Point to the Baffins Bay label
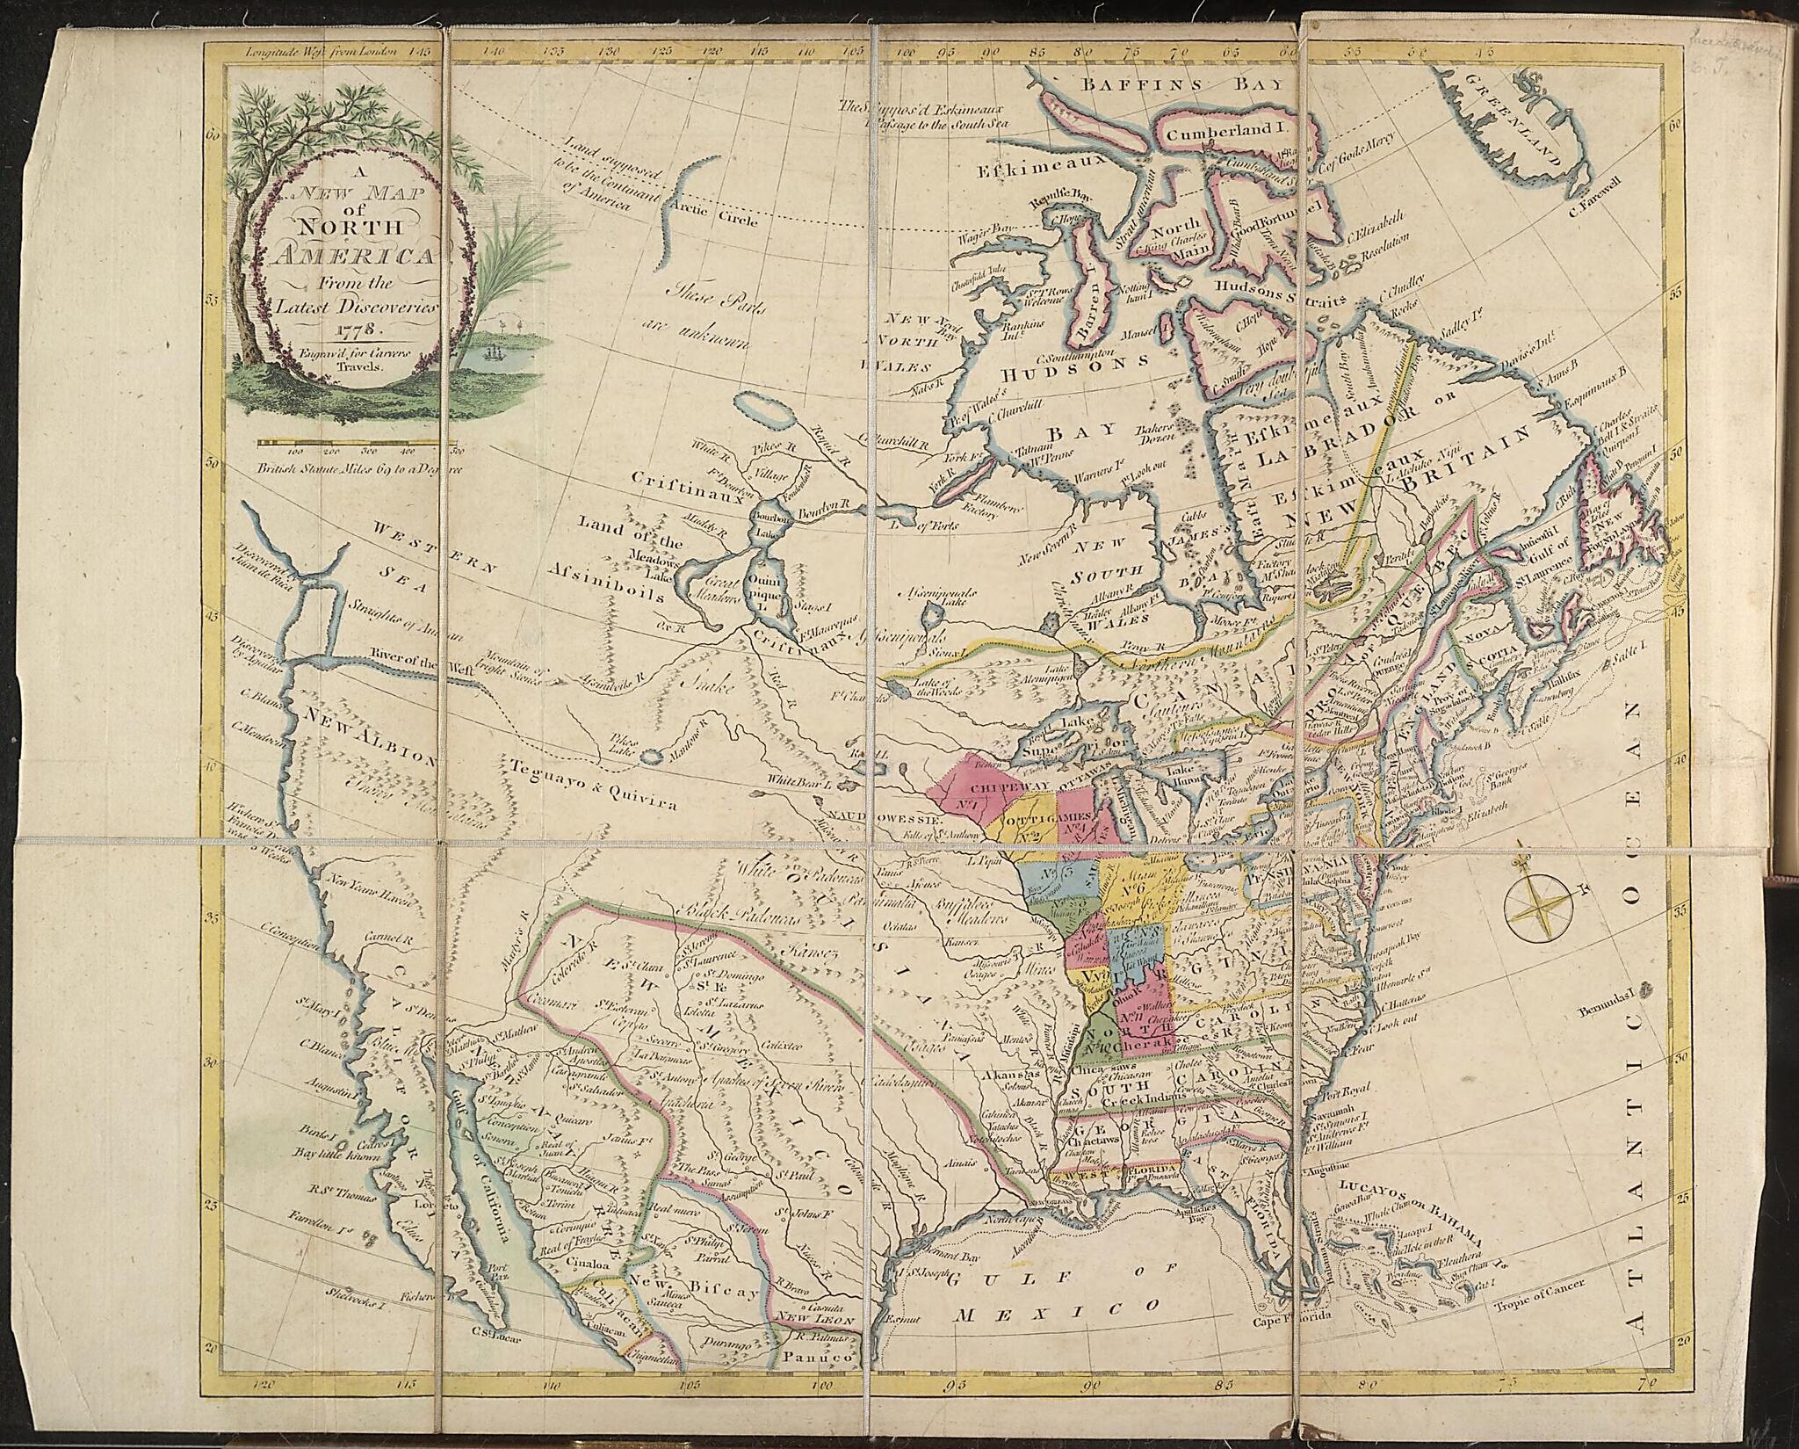(x=1156, y=86)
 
